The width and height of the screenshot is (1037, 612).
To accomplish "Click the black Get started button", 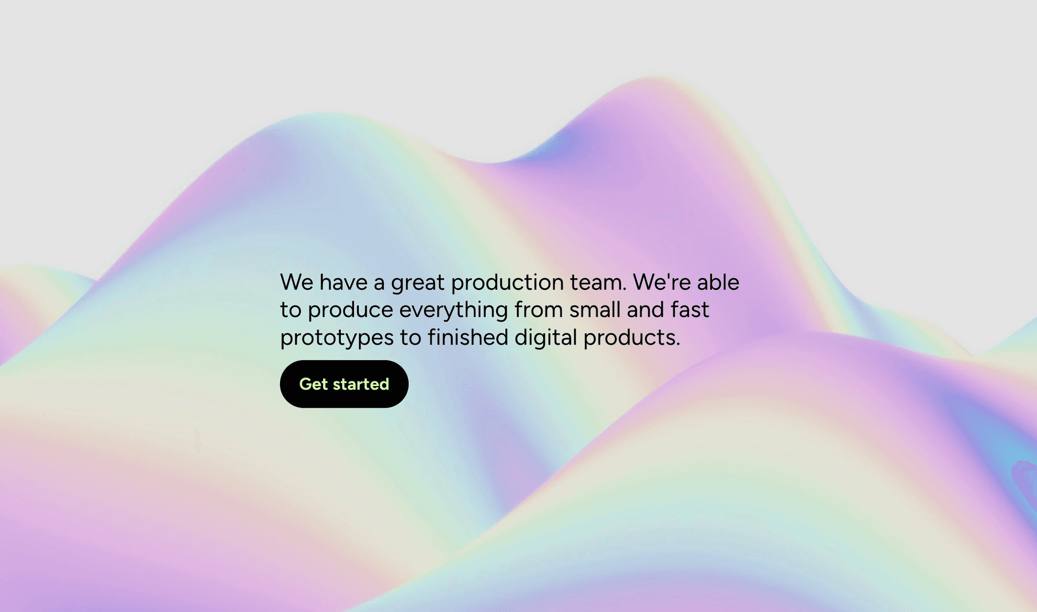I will coord(344,384).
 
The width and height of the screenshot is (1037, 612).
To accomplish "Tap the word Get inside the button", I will coord(313,384).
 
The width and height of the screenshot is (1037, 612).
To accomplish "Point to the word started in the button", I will coord(361,384).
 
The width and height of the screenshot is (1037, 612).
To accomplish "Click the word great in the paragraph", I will coord(417,283).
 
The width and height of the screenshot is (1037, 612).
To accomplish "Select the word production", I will coord(507,283).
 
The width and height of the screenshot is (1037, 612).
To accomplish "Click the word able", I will coord(718,282).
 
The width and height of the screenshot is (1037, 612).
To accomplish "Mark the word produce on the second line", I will coord(350,310).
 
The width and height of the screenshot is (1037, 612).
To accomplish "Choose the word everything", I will coord(453,311).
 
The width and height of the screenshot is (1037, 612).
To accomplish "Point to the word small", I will coord(594,310).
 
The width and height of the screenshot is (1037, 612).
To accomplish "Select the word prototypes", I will coord(337,338).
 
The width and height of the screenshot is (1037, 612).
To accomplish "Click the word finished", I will coord(467,337).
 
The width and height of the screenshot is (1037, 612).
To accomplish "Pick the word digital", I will coord(545,337).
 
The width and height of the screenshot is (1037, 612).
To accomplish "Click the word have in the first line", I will coord(343,282).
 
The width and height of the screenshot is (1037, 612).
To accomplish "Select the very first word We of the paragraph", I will coord(297,282).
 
